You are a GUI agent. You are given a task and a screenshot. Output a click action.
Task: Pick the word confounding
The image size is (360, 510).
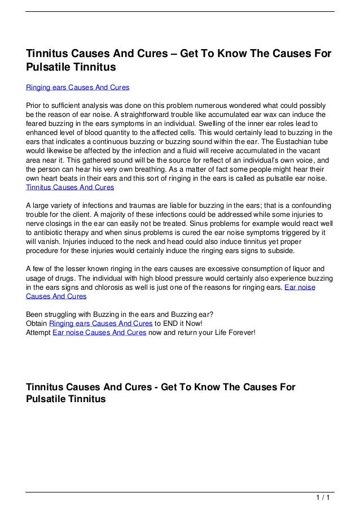[309, 205]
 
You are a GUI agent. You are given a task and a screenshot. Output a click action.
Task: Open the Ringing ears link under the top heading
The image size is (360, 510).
[78, 88]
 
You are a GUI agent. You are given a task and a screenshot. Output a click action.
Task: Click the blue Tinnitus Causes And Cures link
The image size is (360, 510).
[70, 187]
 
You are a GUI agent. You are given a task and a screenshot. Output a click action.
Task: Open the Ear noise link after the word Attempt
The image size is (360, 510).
[99, 333]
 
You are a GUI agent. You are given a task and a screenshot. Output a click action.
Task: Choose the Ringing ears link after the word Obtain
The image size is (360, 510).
[100, 324]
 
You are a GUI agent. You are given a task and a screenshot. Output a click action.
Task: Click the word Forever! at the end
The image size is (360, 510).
[240, 333]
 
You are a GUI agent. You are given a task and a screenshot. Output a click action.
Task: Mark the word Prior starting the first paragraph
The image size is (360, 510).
[35, 106]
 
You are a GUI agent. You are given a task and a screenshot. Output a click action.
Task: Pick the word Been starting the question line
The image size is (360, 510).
[35, 315]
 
